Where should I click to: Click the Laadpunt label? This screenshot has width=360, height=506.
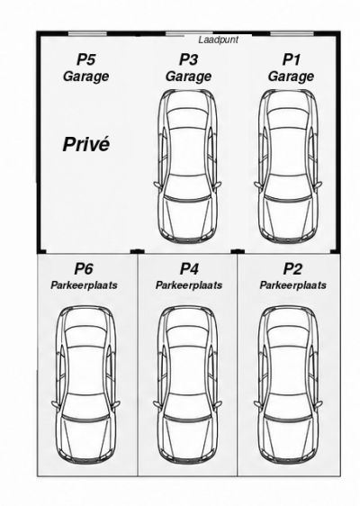click(219, 40)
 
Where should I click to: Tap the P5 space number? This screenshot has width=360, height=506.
click(85, 59)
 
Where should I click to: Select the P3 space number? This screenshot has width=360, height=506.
click(188, 59)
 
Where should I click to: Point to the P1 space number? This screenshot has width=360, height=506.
click(292, 59)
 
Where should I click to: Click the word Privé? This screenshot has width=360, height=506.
click(86, 144)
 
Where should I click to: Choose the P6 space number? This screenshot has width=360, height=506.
click(84, 268)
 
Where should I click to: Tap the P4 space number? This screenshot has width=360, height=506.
click(189, 268)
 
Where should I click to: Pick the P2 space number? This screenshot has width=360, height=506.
click(292, 268)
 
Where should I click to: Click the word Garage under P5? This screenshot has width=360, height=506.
click(85, 77)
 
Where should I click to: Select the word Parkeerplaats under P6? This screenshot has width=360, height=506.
click(84, 285)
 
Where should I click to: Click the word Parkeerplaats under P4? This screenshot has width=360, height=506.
click(189, 285)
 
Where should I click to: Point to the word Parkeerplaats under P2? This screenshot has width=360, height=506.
click(292, 285)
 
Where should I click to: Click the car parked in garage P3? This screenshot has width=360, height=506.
click(187, 167)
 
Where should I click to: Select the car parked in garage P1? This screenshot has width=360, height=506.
click(288, 167)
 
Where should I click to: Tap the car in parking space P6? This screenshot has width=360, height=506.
click(85, 384)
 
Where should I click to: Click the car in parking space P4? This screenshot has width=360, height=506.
click(187, 384)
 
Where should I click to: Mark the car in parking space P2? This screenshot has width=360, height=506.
click(288, 384)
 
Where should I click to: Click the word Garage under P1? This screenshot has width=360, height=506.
click(291, 77)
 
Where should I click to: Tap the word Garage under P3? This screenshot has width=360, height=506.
click(188, 77)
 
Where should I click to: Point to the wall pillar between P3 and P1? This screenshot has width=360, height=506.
click(238, 251)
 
